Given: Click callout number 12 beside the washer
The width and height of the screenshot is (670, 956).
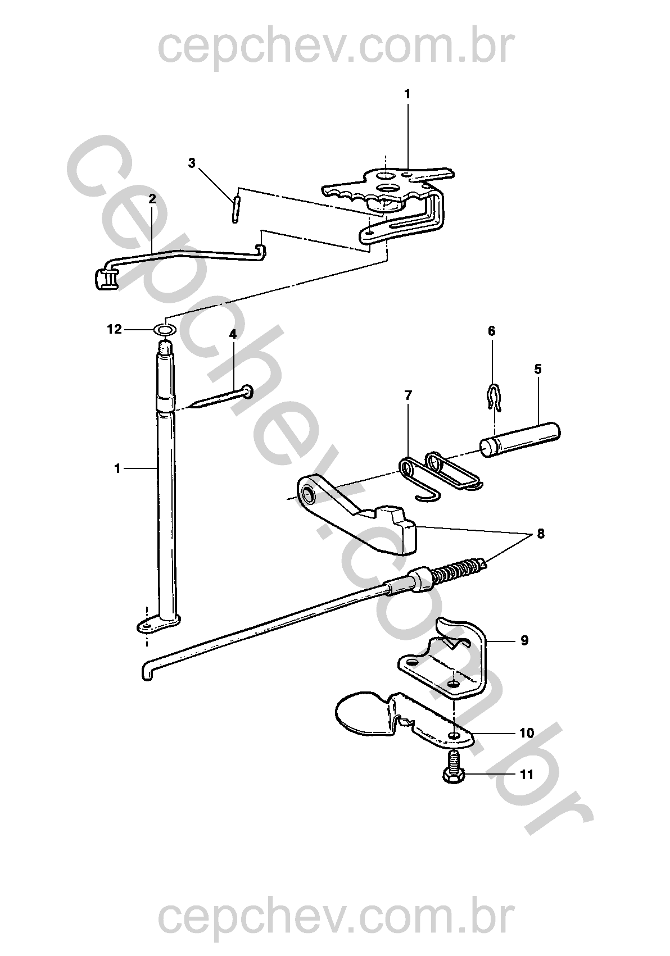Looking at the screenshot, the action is tap(114, 329).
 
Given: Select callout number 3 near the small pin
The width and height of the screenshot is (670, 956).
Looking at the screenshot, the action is tap(192, 163).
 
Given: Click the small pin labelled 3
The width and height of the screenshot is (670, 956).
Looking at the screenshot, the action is tap(236, 209).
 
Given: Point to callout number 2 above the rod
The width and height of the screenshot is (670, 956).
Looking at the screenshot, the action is tap(152, 199).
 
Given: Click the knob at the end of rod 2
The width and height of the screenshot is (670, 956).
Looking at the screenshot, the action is tap(105, 279).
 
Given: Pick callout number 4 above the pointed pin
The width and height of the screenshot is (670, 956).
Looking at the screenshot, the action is tap(233, 334).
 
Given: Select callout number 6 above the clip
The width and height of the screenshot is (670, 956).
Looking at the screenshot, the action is tap(491, 331).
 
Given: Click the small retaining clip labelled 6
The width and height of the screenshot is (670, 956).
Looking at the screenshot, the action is tap(493, 396).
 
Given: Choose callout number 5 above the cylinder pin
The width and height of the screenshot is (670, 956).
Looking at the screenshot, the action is tap(537, 368).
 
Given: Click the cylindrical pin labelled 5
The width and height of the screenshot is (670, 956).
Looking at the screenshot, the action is tap(520, 440).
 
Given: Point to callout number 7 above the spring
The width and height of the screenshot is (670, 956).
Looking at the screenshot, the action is tap(408, 395).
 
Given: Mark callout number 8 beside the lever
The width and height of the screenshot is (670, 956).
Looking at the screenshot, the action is tap(541, 534).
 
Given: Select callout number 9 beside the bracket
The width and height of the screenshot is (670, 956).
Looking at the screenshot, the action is tap(525, 652).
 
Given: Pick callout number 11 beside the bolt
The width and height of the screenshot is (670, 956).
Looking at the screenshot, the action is tap(527, 774).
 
